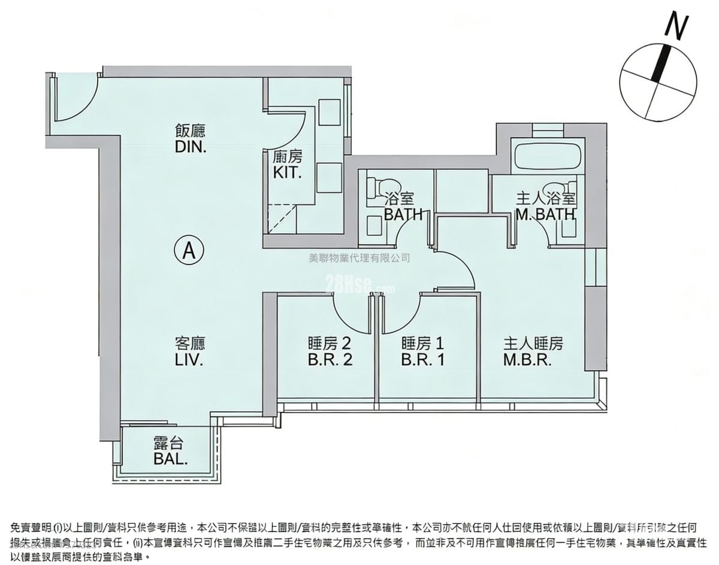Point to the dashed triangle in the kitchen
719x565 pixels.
pyautogui.click(x=282, y=218)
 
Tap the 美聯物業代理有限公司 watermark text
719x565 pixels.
pyautogui.click(x=359, y=259)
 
